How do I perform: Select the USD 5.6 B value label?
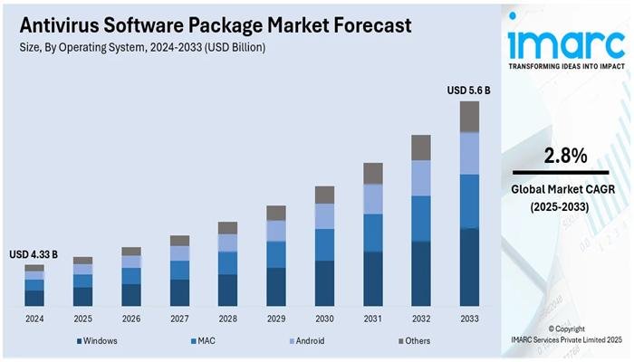(468, 90)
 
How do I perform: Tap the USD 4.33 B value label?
(35, 255)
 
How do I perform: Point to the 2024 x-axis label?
(34, 319)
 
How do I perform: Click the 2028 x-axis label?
(228, 319)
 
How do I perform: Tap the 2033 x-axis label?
(469, 319)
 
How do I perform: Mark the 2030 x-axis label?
(324, 319)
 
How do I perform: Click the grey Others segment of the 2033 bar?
(469, 117)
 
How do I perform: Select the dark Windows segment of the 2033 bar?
(469, 267)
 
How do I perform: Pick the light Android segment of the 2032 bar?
(421, 178)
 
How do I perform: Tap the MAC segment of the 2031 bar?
(372, 233)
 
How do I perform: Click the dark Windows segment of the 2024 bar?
(34, 298)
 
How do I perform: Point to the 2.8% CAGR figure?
(558, 156)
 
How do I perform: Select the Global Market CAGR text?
(558, 190)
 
